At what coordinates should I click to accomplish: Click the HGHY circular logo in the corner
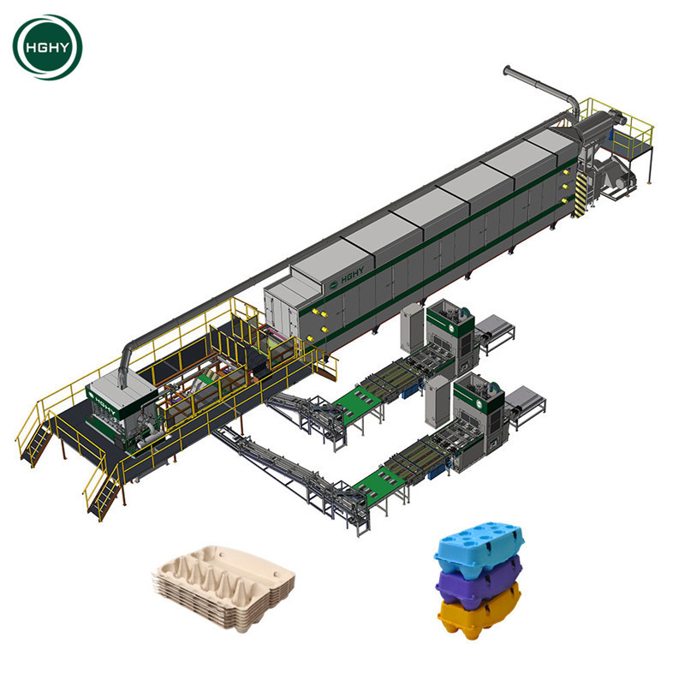(47, 47)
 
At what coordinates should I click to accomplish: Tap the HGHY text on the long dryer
(352, 276)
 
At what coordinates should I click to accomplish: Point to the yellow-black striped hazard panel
(581, 195)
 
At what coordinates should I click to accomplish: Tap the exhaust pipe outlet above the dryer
(507, 70)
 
